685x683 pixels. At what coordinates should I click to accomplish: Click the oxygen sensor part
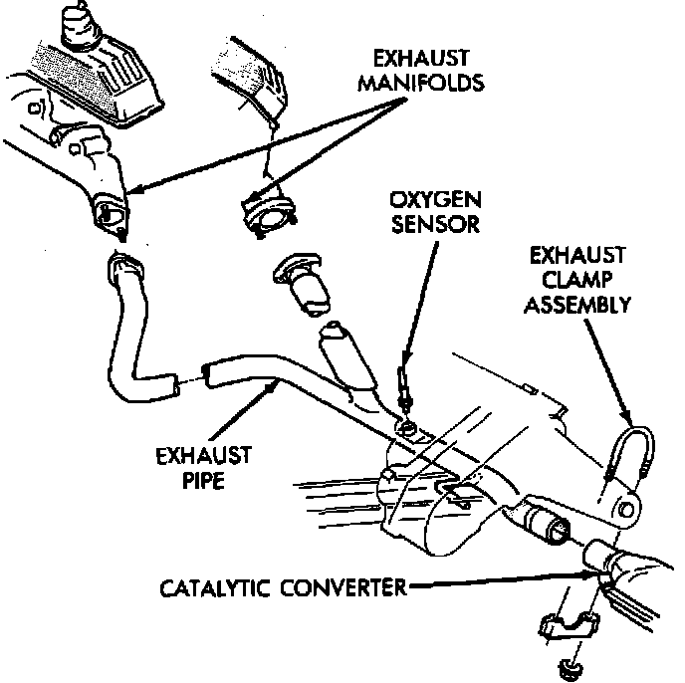coord(402,390)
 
